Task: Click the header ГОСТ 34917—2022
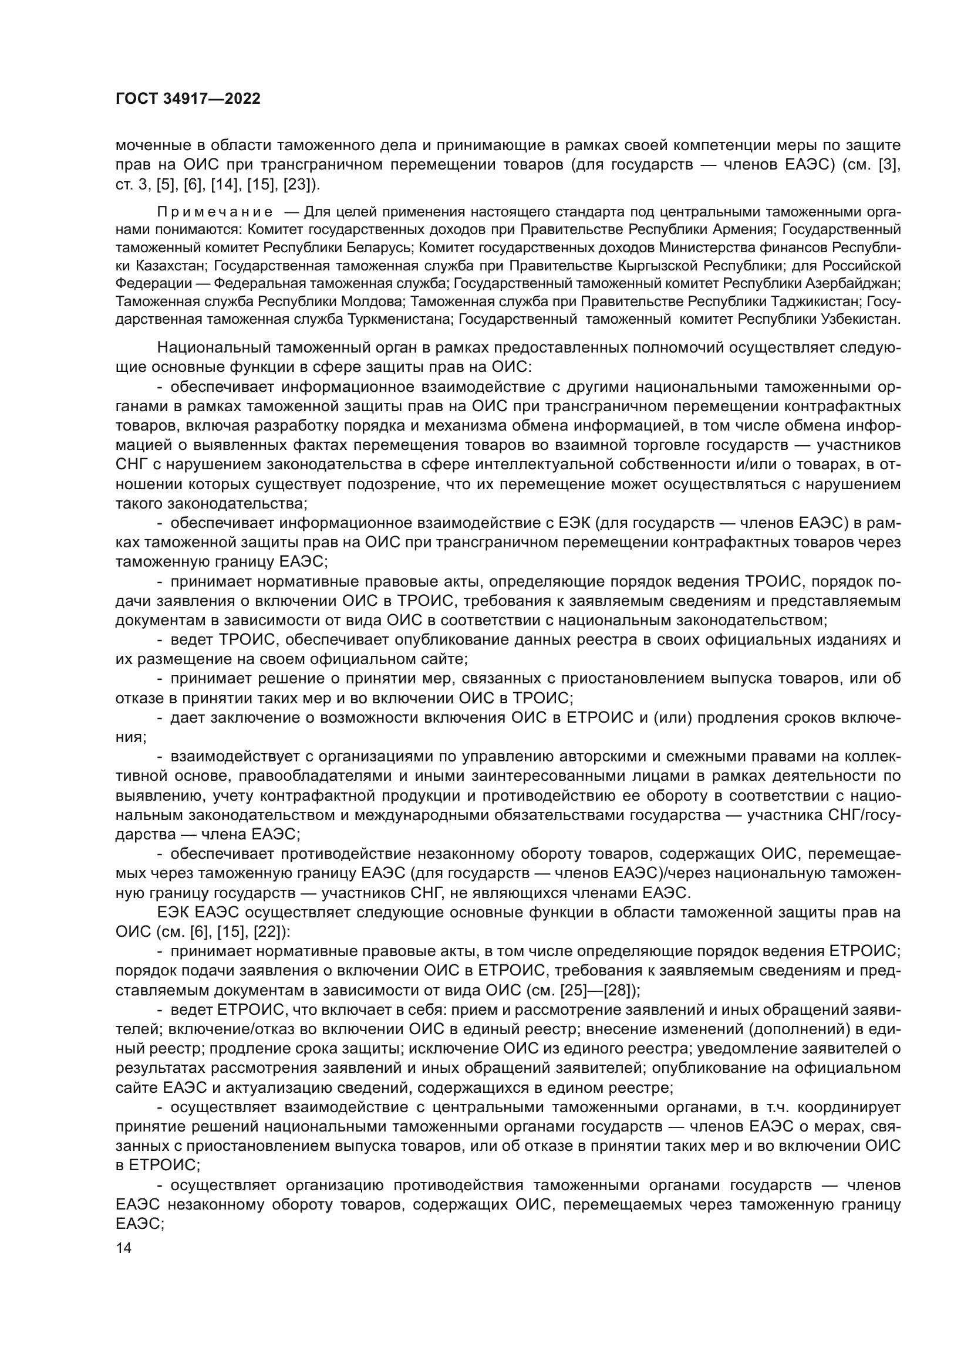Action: coord(188,99)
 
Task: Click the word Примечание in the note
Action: coord(215,212)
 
